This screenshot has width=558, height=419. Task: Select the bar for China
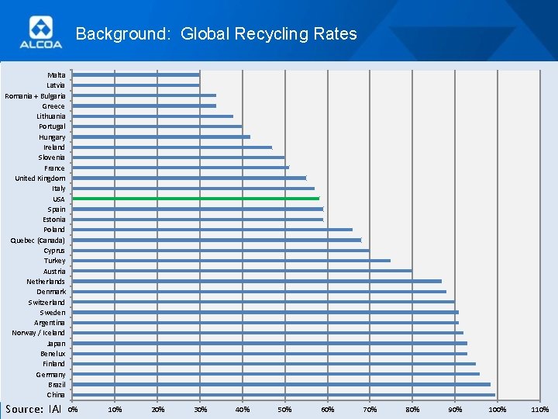pos(283,395)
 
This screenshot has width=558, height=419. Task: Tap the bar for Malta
pos(136,74)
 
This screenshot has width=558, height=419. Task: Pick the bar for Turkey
pos(231,261)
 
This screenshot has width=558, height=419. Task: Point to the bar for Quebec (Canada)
pos(216,240)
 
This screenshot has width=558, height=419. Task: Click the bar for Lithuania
pos(153,116)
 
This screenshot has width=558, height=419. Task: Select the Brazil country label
pos(57,385)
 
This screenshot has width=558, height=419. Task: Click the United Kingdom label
pos(40,178)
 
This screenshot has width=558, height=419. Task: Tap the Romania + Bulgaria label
pos(35,95)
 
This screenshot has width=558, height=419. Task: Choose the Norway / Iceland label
pos(39,333)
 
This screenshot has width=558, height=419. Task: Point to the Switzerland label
pos(47,302)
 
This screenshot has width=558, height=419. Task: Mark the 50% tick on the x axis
pos(284,409)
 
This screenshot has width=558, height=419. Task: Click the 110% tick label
pos(540,409)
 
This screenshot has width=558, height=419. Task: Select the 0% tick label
pos(73,409)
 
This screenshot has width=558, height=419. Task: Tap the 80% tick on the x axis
pos(412,409)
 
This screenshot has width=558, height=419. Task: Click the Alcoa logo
pos(46,33)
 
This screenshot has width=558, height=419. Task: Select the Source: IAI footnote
pos(33,409)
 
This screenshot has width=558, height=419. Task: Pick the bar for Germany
pos(275,374)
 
